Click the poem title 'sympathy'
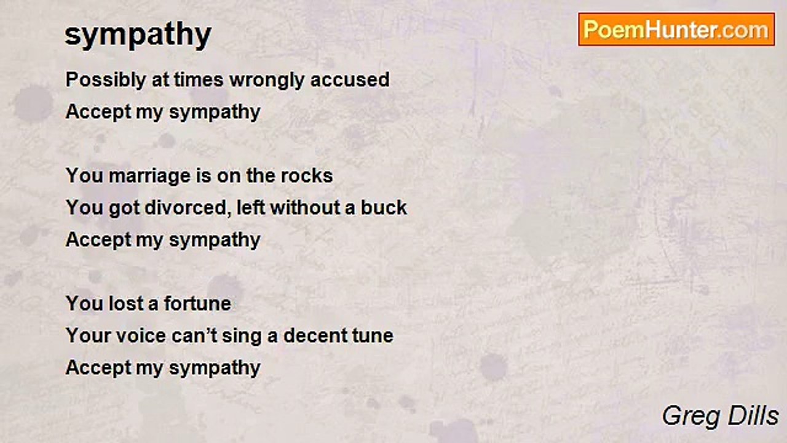pyautogui.click(x=138, y=36)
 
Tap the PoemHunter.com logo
pyautogui.click(x=676, y=30)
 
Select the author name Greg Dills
pyautogui.click(x=720, y=416)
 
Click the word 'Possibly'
pyautogui.click(x=106, y=80)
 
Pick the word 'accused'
pyautogui.click(x=350, y=80)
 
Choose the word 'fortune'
pyautogui.click(x=197, y=303)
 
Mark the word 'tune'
pyautogui.click(x=373, y=336)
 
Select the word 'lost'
pyautogui.click(x=124, y=303)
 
